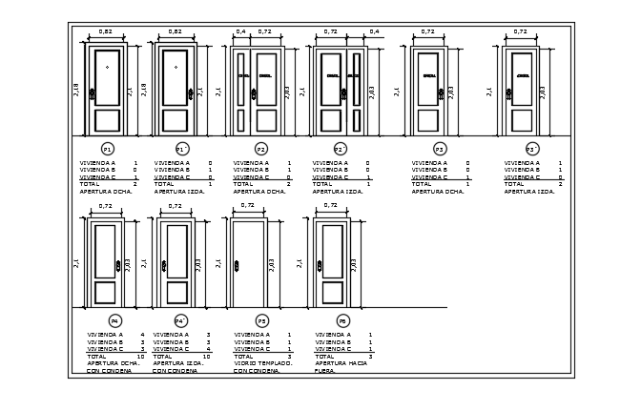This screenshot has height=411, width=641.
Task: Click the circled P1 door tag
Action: [107, 150]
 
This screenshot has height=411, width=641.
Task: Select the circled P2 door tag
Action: [260, 150]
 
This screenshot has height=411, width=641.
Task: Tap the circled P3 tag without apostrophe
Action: [439, 150]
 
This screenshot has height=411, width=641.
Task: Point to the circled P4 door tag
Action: [114, 321]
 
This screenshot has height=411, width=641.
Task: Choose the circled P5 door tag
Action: [261, 321]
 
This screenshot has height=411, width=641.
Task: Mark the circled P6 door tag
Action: [342, 321]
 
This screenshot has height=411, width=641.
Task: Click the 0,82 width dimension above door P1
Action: [105, 32]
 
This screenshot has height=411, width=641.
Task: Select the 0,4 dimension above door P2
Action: [240, 32]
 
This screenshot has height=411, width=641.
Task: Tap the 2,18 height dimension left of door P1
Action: [76, 90]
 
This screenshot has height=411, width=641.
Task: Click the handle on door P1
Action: [93, 93]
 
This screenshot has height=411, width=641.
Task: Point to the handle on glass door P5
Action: [236, 265]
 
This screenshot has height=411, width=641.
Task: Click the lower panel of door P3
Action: [428, 120]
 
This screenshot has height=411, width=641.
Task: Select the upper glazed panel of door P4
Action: [105, 249]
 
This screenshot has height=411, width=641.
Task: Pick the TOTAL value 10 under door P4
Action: [140, 356]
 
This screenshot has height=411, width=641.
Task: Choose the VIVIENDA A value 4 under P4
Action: [142, 335]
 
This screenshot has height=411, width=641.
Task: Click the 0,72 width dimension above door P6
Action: [330, 205]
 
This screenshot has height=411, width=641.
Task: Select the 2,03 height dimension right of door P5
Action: [272, 263]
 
